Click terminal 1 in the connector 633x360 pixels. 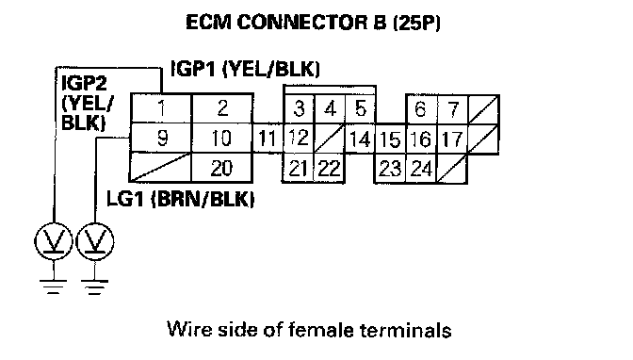[161, 108]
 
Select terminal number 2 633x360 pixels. [222, 108]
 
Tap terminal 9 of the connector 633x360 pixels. [161, 139]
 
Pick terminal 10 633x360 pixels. [222, 139]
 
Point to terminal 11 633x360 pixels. [268, 139]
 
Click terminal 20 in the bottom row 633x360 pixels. [222, 168]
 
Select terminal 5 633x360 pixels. [361, 108]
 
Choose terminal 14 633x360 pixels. [360, 139]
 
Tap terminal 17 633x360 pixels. [452, 139]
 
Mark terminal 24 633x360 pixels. [421, 169]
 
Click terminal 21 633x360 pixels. [298, 168]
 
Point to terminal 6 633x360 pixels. [421, 109]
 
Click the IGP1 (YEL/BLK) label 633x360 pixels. [246, 69]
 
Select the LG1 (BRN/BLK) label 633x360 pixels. [181, 199]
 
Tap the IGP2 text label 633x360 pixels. [85, 83]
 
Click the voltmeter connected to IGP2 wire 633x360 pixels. [54, 241]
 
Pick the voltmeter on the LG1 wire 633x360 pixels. [95, 241]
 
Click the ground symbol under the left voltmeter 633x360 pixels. [54, 286]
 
